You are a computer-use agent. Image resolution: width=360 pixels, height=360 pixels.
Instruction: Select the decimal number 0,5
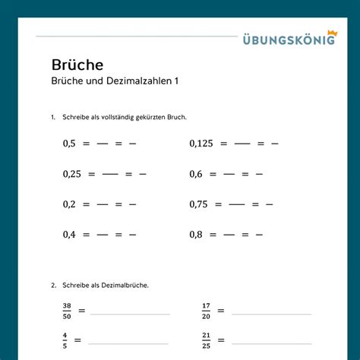click(70, 143)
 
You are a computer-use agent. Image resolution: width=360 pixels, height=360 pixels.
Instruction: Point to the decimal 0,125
click(201, 143)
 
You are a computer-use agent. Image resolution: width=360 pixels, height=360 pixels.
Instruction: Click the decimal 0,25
click(72, 174)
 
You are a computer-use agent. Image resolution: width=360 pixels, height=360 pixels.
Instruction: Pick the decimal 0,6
click(196, 174)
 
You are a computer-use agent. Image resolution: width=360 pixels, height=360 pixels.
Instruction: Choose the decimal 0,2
click(70, 204)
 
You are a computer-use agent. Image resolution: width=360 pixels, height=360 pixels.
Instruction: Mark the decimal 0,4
click(70, 235)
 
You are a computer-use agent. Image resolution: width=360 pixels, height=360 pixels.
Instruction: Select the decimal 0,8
click(196, 235)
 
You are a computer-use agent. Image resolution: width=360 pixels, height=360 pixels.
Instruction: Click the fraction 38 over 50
click(67, 311)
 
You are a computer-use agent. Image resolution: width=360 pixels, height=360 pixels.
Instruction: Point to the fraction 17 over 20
click(206, 311)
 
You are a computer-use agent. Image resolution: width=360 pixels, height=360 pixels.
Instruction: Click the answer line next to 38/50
click(129, 314)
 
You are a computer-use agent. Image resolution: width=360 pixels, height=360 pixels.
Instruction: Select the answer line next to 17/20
click(271, 314)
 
